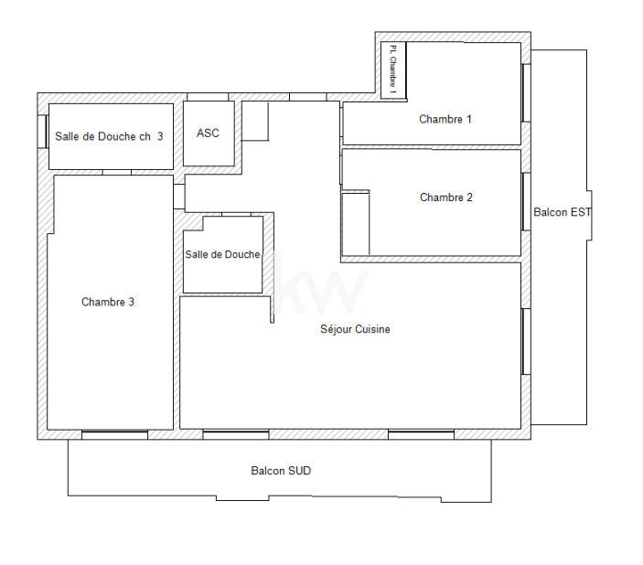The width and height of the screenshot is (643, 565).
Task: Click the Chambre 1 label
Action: [445, 119]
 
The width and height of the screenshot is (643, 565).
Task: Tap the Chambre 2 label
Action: [445, 197]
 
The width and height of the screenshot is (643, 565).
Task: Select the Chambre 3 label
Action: [108, 302]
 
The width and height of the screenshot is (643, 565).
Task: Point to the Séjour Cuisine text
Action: [355, 329]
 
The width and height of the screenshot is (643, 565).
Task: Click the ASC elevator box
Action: [209, 133]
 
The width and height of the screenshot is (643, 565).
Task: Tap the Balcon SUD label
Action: [281, 471]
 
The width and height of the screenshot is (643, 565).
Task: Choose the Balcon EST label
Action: [562, 212]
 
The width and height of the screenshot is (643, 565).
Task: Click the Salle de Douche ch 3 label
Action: [109, 136]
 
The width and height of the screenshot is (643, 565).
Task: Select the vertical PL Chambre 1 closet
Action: [393, 69]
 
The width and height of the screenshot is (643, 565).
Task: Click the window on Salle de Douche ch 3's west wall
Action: [43, 131]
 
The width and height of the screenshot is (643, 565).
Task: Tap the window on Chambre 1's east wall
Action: [526, 92]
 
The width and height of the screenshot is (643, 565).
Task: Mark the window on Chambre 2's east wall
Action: [526, 201]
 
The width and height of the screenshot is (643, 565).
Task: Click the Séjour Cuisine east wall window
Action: [526, 341]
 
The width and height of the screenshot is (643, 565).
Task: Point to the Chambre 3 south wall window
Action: [114, 434]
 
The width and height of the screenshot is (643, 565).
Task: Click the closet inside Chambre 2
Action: [355, 223]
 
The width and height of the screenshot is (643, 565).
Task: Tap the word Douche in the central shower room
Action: [243, 254]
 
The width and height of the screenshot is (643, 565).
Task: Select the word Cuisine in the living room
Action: [372, 329]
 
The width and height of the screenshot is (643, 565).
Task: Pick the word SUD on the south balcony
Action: [300, 471]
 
